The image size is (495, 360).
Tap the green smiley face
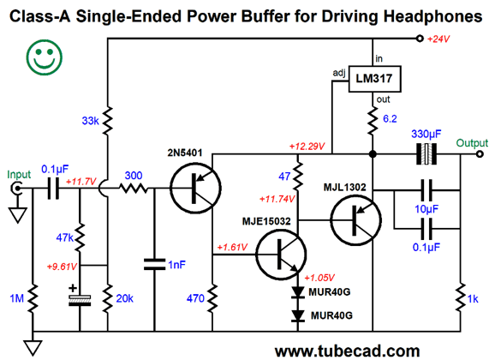click(x=45, y=57)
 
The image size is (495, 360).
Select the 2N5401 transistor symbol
click(x=195, y=188)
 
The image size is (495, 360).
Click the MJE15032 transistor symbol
click(x=281, y=255)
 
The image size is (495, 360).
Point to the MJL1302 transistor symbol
click(x=355, y=220)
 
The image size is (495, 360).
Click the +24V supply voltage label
click(x=438, y=39)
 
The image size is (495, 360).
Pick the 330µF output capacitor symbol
click(x=426, y=154)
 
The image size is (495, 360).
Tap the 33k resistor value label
click(x=91, y=121)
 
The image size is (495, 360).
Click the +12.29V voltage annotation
click(x=307, y=147)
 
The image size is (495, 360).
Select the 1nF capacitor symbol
click(x=154, y=264)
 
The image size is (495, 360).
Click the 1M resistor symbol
click(x=33, y=297)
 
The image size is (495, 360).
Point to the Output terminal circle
click(x=480, y=154)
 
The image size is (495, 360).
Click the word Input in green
click(x=19, y=175)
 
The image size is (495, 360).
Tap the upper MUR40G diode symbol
click(x=298, y=292)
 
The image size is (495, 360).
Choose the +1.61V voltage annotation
click(x=232, y=247)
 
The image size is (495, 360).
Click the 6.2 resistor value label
click(x=390, y=119)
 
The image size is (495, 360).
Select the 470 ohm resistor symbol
click(x=212, y=297)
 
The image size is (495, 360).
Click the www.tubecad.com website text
click(x=347, y=351)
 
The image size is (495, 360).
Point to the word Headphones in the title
click(x=433, y=16)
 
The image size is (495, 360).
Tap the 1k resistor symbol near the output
click(x=461, y=297)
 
